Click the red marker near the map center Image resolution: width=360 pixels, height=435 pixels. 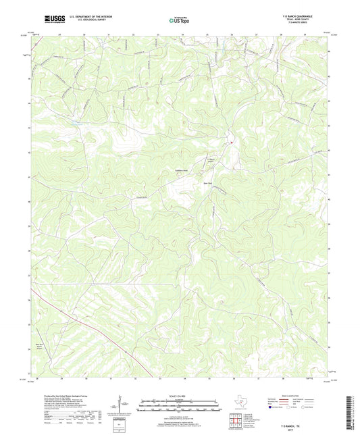[230, 142]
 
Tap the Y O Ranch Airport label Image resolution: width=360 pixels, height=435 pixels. [210, 161]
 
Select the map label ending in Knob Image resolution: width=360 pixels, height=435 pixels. [183, 170]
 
